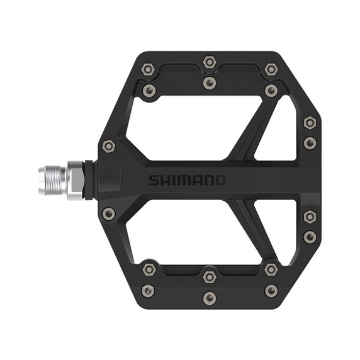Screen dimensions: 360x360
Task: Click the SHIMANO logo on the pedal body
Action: coord(187,181)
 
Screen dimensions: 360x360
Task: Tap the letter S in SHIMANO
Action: coord(154,181)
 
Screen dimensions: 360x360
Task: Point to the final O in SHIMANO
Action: coord(219,181)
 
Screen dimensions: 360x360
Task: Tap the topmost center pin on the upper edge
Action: coord(210,62)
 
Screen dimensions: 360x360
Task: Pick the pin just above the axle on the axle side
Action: coord(108,146)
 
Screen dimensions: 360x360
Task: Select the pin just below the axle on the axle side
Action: coord(108,213)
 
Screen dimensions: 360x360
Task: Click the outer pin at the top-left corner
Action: coord(148,69)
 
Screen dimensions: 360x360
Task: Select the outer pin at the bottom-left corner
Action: coord(148,290)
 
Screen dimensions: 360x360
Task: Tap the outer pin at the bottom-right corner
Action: coord(271,290)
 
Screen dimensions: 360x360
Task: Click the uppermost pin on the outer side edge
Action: coord(309,122)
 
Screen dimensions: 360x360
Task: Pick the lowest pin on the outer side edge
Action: coord(309,237)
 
